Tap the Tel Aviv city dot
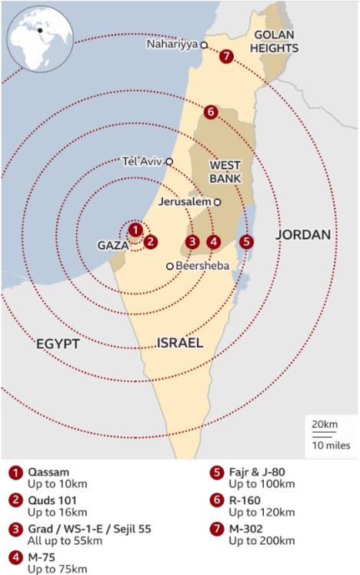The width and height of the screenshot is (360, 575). [x=169, y=162]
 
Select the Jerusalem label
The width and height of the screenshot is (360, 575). [x=185, y=202]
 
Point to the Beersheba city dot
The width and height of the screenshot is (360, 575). [x=170, y=266]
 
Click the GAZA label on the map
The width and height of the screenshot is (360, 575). [x=112, y=246]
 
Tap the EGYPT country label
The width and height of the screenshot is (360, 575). [x=58, y=344]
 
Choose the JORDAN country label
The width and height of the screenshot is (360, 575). [x=303, y=235]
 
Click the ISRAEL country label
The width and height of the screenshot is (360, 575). [x=180, y=343]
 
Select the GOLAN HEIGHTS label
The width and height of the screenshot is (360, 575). [x=276, y=42]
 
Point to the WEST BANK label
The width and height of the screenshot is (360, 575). [x=225, y=172]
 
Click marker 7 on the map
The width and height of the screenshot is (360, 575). [x=225, y=56]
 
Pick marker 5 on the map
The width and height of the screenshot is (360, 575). [x=245, y=241]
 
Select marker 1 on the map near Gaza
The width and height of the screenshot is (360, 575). [x=135, y=229]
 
